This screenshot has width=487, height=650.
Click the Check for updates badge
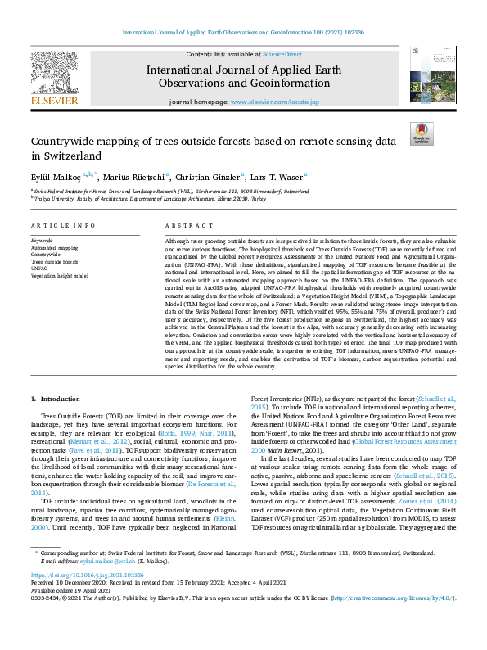pyautogui.click(x=422, y=133)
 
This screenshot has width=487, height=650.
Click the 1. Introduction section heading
pyautogui.click(x=56, y=399)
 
